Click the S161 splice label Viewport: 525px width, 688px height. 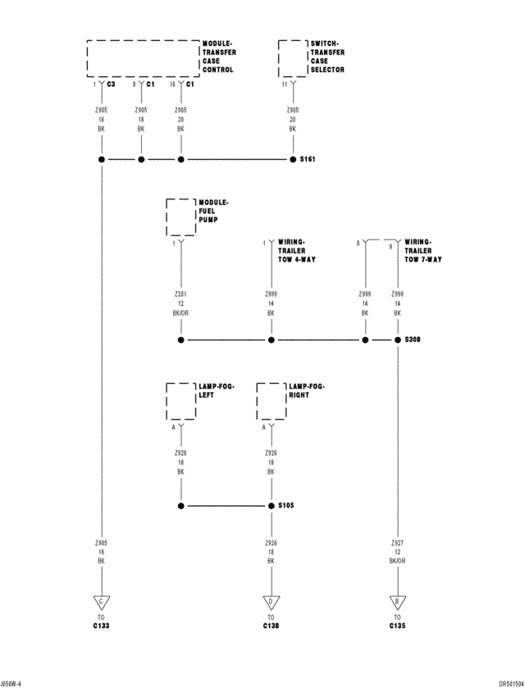tap(308, 160)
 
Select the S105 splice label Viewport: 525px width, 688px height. tap(286, 505)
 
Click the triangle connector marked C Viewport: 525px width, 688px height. tap(102, 602)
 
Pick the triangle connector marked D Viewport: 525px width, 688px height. tap(271, 602)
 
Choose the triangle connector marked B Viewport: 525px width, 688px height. tap(397, 602)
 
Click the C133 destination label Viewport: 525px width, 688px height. tap(102, 626)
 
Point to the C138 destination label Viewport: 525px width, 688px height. tap(271, 626)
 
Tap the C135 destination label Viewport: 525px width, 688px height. tap(397, 626)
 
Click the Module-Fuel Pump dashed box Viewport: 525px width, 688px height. tap(180, 217)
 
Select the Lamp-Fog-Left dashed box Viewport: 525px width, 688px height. tap(180, 401)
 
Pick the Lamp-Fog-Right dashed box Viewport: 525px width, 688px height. tap(271, 401)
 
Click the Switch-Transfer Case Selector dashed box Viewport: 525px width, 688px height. tap(292, 58)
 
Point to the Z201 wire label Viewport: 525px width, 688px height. tap(180, 293)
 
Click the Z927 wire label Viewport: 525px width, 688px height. tap(397, 542)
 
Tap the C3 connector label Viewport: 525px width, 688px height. tap(112, 84)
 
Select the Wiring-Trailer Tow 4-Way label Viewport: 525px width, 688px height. tap(296, 250)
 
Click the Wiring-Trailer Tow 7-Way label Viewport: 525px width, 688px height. tap(423, 250)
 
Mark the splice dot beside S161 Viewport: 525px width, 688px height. tap(292, 160)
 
